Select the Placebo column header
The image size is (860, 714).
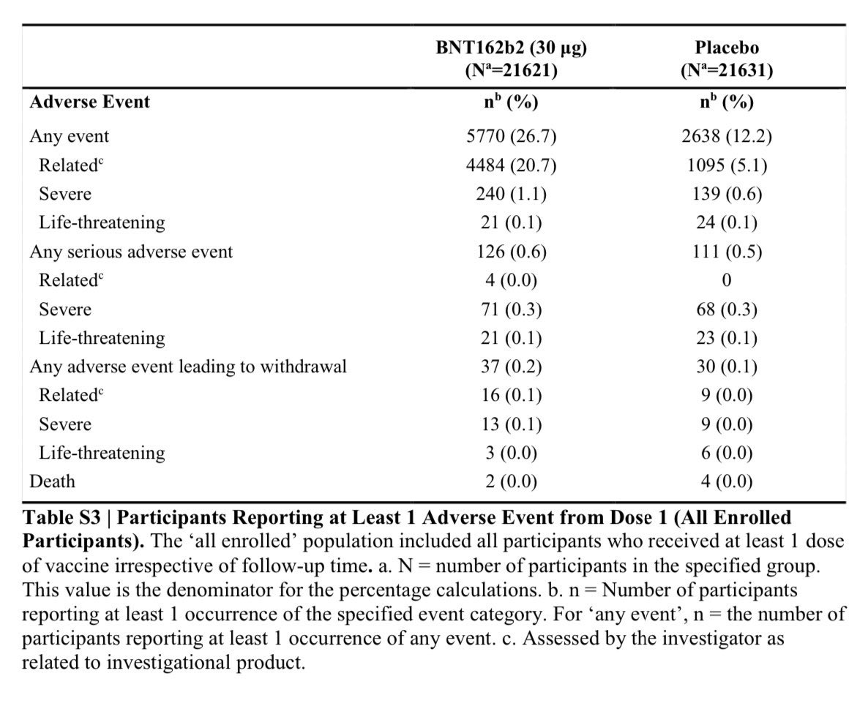tap(726, 48)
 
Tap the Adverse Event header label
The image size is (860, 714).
tap(89, 102)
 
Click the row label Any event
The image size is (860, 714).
tap(69, 136)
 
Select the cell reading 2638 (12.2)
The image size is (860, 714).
tap(726, 136)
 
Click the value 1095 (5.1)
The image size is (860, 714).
tap(726, 165)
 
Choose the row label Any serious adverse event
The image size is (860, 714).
tap(131, 252)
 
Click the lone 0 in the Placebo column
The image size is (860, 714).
tap(726, 280)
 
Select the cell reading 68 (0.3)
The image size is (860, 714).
tap(726, 309)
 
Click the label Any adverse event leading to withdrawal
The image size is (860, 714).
tap(188, 367)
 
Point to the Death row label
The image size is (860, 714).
tap(52, 481)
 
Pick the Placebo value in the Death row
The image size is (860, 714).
tap(726, 481)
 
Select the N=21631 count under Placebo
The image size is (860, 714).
tap(726, 71)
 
